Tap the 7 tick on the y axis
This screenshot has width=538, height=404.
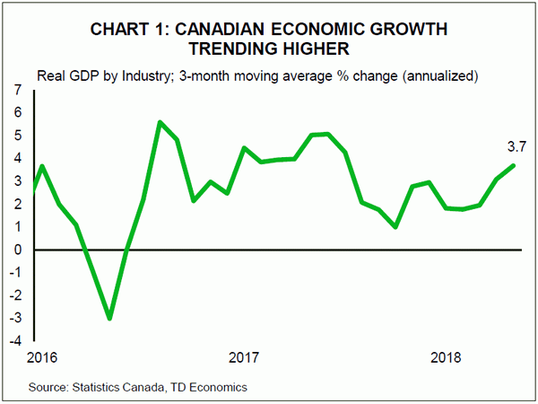[18, 91]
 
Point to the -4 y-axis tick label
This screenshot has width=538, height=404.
[16, 342]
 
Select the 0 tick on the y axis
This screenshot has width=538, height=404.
[18, 250]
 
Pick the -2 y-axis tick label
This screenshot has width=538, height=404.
[16, 296]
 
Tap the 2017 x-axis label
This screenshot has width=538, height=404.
[244, 358]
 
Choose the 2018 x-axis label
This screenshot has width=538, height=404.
[447, 358]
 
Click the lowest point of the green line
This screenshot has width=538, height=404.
[109, 319]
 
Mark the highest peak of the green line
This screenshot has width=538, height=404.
[160, 122]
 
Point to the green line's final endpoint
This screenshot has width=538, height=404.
[514, 164]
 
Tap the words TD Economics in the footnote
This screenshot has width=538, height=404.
[210, 387]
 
